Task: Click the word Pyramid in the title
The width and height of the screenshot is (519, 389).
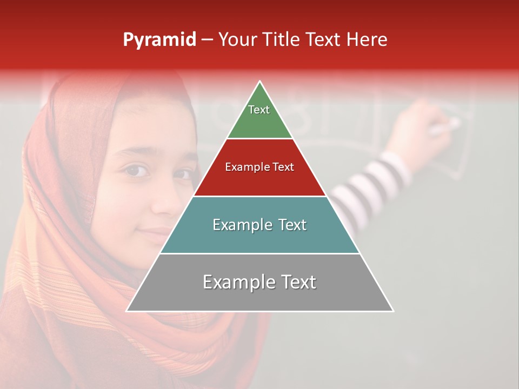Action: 159,40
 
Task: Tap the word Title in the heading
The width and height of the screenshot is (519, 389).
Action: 283,40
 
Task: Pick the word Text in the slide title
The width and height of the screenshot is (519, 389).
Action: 324,40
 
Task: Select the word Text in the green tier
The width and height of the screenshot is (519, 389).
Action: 259,110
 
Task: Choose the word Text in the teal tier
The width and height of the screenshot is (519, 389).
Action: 288,225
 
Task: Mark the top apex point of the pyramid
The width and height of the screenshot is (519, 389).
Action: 260,81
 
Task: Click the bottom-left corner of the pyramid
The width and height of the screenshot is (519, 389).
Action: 127,311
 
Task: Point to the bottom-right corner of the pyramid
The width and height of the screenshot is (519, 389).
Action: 394,311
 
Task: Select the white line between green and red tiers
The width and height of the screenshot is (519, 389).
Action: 259,139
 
